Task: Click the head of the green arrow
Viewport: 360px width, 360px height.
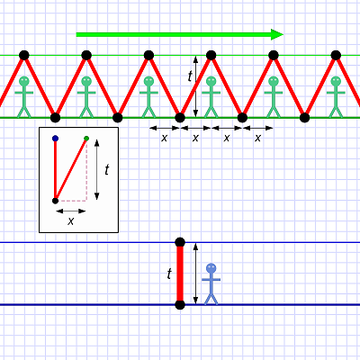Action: pyautogui.click(x=277, y=34)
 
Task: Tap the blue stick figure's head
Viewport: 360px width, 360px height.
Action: pyautogui.click(x=211, y=268)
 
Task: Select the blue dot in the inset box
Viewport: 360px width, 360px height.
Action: pyautogui.click(x=55, y=139)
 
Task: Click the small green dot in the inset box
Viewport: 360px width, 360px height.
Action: pyautogui.click(x=86, y=139)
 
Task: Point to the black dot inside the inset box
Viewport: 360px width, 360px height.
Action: pyautogui.click(x=55, y=201)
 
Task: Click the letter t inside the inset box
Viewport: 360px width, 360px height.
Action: pyautogui.click(x=107, y=170)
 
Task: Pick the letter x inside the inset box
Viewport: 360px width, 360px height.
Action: pyautogui.click(x=70, y=221)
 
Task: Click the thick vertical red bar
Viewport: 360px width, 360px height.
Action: pyautogui.click(x=180, y=274)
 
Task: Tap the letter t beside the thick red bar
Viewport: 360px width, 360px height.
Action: pyautogui.click(x=169, y=274)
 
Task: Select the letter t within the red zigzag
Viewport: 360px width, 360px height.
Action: pyautogui.click(x=190, y=76)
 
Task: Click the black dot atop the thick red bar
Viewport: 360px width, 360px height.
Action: pyautogui.click(x=180, y=242)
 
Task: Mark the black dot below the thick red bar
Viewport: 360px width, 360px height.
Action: pyautogui.click(x=180, y=305)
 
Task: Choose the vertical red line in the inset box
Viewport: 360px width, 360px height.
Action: pyautogui.click(x=55, y=169)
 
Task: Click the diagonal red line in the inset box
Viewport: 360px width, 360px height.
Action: pyautogui.click(x=71, y=169)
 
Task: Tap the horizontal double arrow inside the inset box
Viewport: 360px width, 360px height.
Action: pyautogui.click(x=71, y=211)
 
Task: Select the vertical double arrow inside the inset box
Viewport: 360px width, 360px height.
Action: pyautogui.click(x=96, y=169)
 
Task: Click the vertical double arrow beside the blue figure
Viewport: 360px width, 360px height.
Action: pyautogui.click(x=195, y=274)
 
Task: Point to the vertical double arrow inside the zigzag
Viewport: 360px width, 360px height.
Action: pyautogui.click(x=195, y=86)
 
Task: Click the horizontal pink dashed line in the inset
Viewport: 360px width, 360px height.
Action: pyautogui.click(x=72, y=201)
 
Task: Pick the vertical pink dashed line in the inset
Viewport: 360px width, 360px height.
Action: pyautogui.click(x=86, y=170)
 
